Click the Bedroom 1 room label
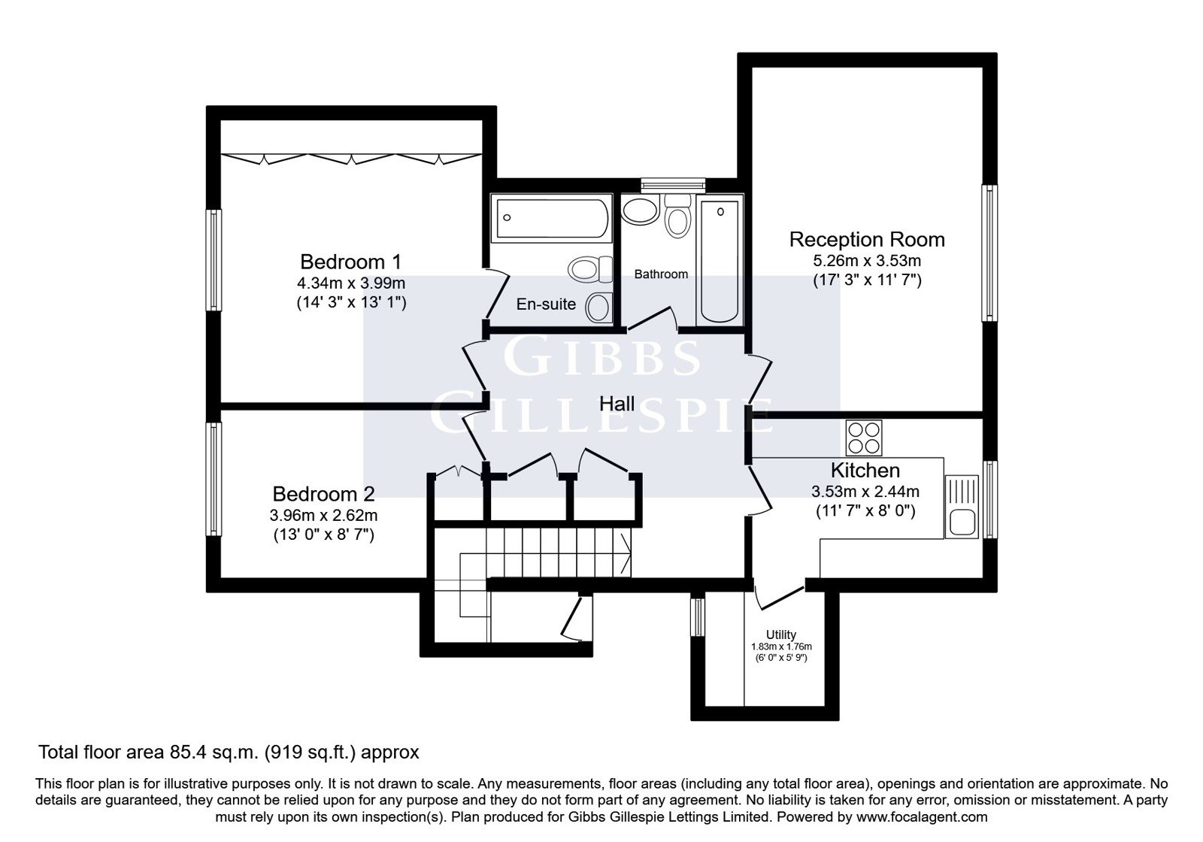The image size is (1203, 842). (350, 262)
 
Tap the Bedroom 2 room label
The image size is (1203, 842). (323, 494)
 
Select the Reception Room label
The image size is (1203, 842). (867, 240)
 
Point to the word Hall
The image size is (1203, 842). (617, 404)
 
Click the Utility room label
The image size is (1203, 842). (781, 635)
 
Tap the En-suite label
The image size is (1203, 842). (546, 304)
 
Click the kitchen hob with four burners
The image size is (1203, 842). (864, 438)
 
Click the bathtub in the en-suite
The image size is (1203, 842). (552, 218)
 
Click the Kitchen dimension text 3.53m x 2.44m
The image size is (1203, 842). (865, 492)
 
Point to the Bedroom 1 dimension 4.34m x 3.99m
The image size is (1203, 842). (351, 283)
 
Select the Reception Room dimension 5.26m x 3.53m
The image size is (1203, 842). (867, 261)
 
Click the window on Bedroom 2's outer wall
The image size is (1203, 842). (214, 479)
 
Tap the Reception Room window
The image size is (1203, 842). (989, 253)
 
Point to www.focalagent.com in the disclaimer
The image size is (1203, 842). (922, 817)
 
